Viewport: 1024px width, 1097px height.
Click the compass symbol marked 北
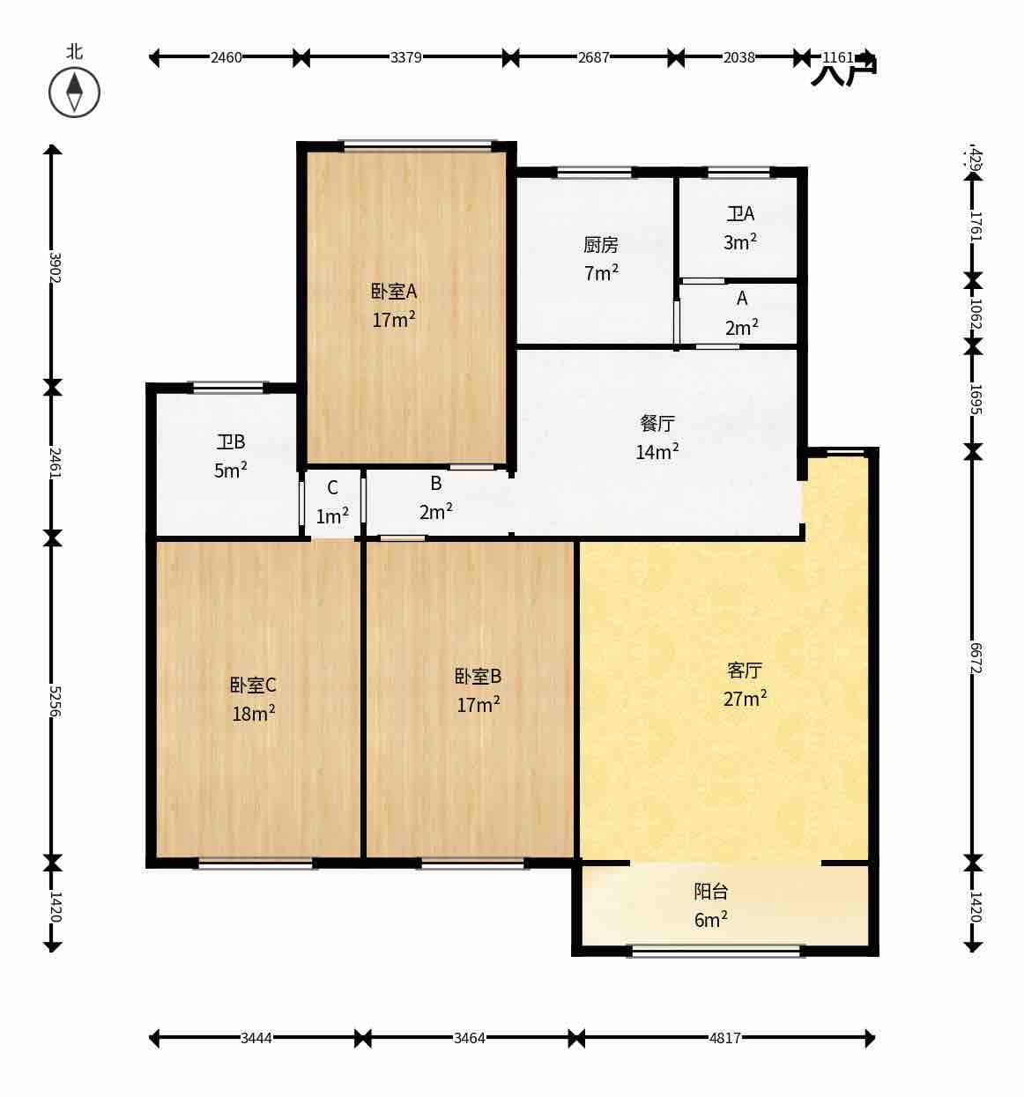point(74,92)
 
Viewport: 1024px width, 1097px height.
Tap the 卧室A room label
point(393,291)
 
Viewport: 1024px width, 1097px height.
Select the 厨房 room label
point(600,245)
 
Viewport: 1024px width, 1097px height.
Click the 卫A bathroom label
point(740,214)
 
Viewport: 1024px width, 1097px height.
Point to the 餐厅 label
point(657,423)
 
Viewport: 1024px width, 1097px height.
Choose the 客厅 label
point(745,671)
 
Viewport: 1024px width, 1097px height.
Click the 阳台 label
point(711,892)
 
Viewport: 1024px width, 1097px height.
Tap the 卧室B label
point(478,677)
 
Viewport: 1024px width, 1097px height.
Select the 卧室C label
point(254,686)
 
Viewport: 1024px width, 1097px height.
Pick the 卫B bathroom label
point(231,441)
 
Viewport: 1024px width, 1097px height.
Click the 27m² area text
point(745,699)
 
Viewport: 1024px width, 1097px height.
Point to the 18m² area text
point(254,714)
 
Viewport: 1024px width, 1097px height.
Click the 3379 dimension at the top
point(405,58)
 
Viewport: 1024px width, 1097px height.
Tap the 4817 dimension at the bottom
point(724,1038)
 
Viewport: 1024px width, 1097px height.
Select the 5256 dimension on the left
point(53,700)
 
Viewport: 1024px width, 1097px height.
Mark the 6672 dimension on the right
point(974,656)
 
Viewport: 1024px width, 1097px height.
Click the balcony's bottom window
point(716,951)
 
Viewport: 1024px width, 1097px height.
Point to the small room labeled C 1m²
point(332,502)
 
